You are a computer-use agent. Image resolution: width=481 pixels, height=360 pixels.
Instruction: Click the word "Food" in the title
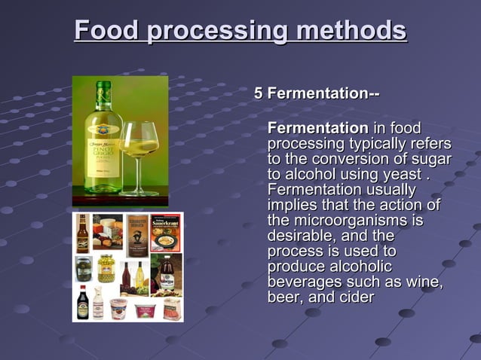tap(106, 31)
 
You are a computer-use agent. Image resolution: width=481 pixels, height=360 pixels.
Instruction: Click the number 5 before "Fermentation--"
tap(259, 94)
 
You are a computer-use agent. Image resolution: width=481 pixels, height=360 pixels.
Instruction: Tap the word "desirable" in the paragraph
tap(299, 236)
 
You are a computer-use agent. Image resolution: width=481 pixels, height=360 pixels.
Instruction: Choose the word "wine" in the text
tap(426, 282)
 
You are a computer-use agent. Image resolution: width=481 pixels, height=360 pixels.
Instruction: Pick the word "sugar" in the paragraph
tap(430, 159)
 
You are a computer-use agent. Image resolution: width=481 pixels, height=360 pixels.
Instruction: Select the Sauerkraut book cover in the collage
tap(165, 232)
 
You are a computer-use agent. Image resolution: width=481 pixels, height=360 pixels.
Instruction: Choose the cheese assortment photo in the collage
tap(108, 232)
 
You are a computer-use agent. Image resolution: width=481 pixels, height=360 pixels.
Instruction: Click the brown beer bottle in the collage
tap(82, 233)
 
